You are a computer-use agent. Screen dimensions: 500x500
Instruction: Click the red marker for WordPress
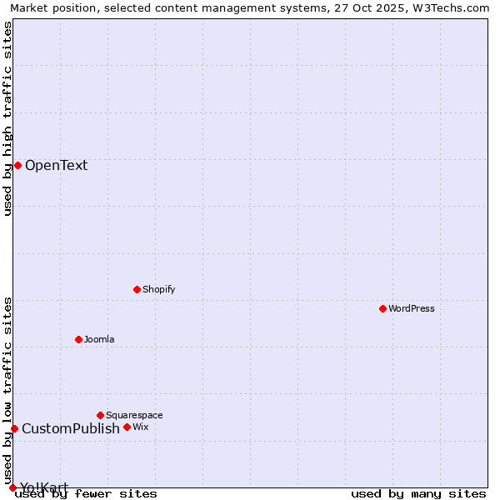382,308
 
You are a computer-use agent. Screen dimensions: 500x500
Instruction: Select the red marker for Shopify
137,289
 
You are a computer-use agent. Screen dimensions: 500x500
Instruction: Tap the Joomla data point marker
78,339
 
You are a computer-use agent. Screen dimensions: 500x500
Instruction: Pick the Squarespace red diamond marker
100,415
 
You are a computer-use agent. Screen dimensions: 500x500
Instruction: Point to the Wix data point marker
127,427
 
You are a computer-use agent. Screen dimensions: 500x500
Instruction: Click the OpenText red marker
17,165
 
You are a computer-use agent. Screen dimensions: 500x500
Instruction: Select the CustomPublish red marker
14,428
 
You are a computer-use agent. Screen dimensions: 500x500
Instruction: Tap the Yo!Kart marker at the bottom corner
12,487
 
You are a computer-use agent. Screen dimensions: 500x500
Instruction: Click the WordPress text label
412,308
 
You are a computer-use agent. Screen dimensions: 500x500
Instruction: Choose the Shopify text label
158,289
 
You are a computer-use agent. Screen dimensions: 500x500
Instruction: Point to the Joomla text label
99,339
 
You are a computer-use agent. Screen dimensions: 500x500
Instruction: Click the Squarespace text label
134,415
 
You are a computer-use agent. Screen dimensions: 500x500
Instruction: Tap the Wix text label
140,427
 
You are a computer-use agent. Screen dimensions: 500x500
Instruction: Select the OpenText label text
56,165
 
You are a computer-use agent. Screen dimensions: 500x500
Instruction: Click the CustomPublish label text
71,428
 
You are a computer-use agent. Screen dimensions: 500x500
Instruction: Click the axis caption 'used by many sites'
418,494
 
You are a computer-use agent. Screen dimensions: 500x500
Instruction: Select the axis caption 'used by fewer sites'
87,494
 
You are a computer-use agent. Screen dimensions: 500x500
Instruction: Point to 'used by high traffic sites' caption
8,118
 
